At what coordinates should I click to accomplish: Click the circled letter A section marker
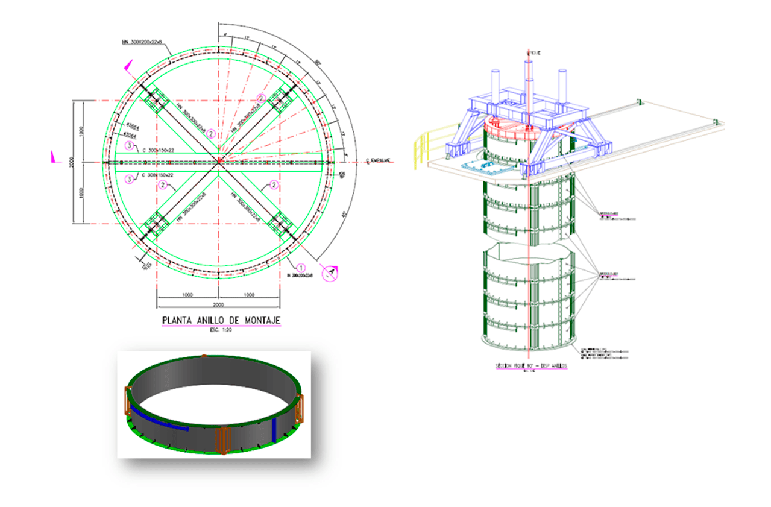tap(329, 273)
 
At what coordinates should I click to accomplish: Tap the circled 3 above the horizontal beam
tap(129, 145)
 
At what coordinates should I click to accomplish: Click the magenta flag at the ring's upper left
tap(129, 68)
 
